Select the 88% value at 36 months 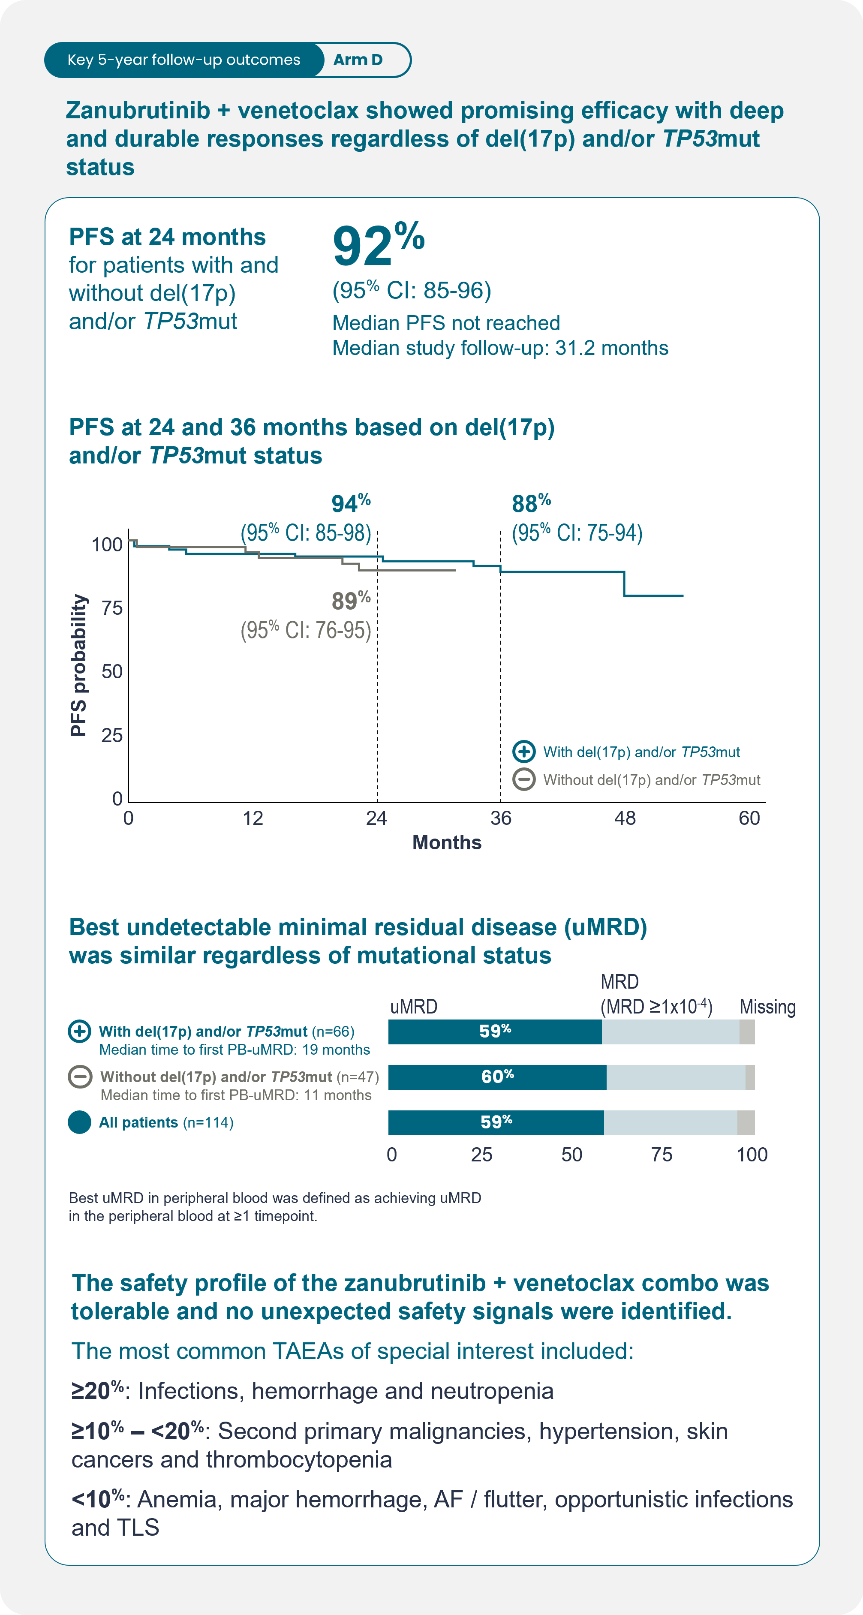(531, 503)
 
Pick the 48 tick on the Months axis (625, 818)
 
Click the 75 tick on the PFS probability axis (112, 608)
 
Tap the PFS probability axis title (78, 665)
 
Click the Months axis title (447, 842)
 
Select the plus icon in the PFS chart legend (524, 751)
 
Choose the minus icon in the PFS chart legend (524, 779)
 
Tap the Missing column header (767, 1007)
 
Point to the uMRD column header (414, 1007)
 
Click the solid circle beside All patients (80, 1122)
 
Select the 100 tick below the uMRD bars (752, 1155)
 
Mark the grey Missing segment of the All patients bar (746, 1122)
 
